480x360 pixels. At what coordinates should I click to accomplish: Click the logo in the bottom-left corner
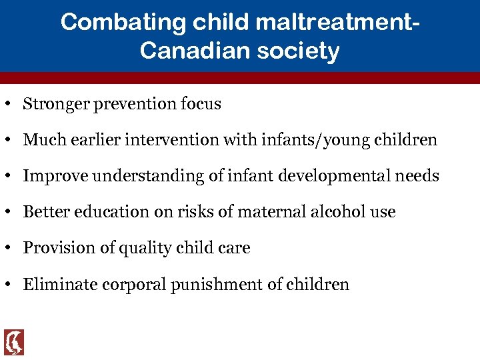pos(14,342)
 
